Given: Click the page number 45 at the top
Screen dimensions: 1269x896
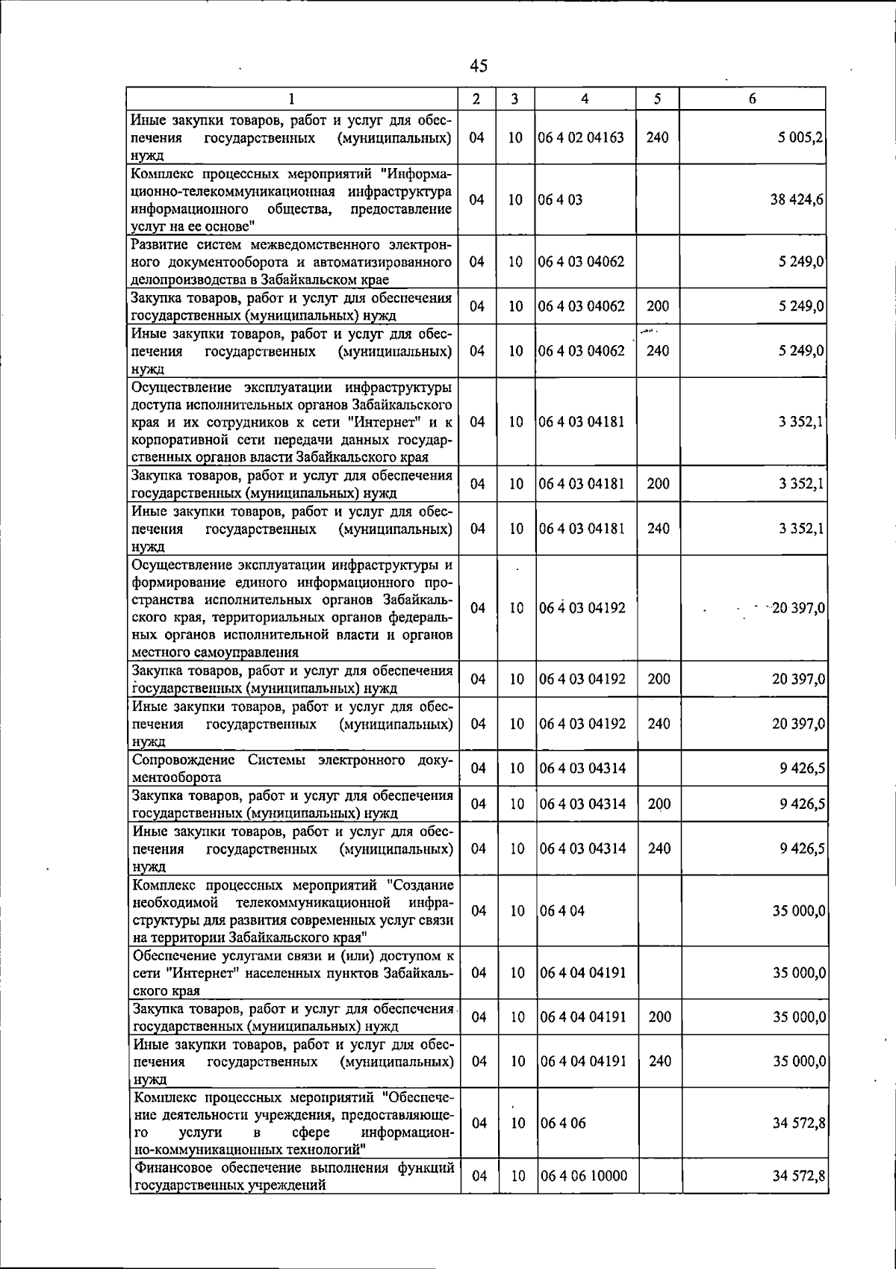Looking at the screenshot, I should click(479, 66).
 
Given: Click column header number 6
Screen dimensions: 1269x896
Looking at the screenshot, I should click(753, 99).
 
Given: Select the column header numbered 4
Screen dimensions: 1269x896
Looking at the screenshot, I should click(585, 99).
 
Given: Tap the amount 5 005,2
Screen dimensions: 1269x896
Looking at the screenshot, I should click(800, 137).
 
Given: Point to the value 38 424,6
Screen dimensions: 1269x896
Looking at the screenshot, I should click(797, 200).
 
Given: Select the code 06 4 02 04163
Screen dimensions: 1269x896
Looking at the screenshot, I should click(582, 137).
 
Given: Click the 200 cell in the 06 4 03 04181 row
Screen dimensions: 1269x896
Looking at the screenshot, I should click(658, 484).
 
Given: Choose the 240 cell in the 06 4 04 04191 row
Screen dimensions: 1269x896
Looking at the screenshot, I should click(659, 1061).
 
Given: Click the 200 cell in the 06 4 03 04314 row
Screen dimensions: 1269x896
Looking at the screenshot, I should click(659, 804).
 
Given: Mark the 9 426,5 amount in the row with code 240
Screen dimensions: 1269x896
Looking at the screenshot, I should click(802, 848).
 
